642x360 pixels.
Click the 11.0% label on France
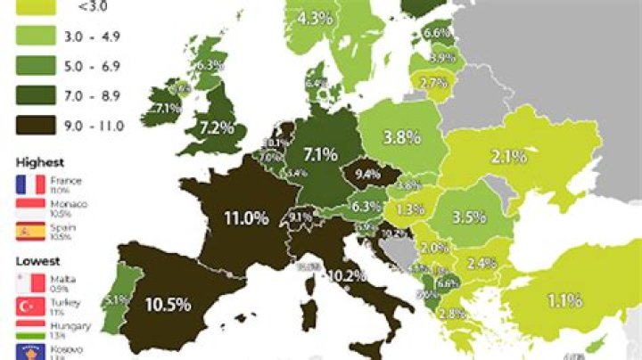point(245,217)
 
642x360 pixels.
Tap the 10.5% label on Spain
point(169,304)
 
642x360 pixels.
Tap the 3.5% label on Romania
point(468,217)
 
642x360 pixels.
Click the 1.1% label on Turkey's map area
point(564,301)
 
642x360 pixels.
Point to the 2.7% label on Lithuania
point(432,83)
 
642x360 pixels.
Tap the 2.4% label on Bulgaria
point(481,263)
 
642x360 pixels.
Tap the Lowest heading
point(37,261)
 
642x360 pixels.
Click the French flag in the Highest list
point(30,186)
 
